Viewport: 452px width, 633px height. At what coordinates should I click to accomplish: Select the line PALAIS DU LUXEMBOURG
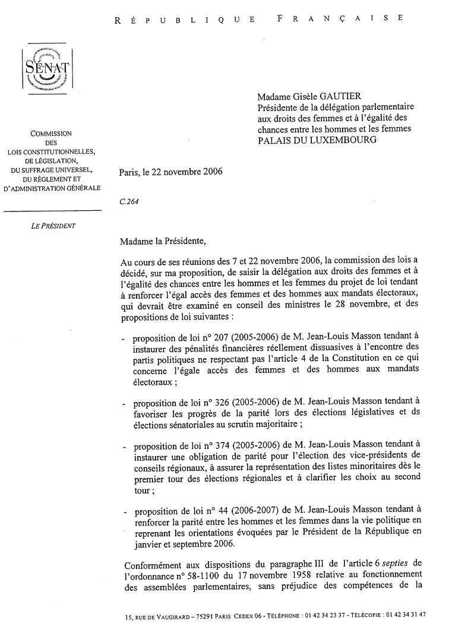coord(317,140)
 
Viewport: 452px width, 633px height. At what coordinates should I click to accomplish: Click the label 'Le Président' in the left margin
coord(54,226)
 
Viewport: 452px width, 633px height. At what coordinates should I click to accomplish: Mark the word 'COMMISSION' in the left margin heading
coord(51,134)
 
